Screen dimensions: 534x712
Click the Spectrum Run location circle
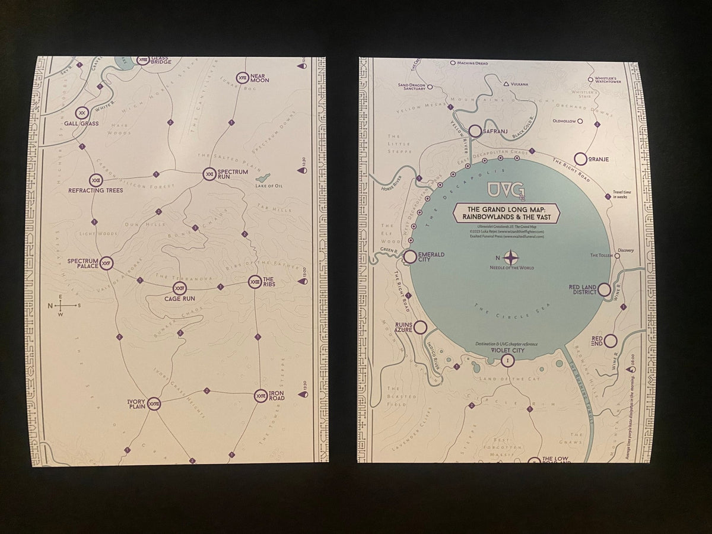[x=209, y=174]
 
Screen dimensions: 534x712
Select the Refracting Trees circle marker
[x=96, y=180]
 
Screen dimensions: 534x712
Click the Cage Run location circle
[x=179, y=289]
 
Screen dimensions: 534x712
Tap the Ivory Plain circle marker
[x=154, y=403]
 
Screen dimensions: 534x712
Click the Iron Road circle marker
[x=260, y=395]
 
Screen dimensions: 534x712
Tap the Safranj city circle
[x=475, y=131]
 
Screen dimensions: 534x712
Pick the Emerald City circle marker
[x=409, y=257]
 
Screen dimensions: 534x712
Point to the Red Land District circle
[x=604, y=290]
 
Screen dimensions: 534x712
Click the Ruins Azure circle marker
[x=421, y=328]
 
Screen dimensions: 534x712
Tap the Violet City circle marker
[x=507, y=360]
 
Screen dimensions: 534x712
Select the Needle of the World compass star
[x=511, y=258]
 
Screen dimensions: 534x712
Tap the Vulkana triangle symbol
[x=506, y=84]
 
